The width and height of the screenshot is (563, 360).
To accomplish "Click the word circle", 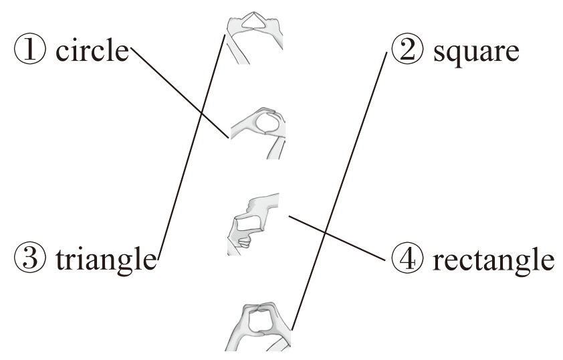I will tap(92, 52).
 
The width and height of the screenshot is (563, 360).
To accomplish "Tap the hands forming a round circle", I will tap(257, 130).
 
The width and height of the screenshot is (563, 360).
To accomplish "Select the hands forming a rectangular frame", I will tap(252, 223).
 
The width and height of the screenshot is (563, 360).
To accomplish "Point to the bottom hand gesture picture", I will tap(257, 327).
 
